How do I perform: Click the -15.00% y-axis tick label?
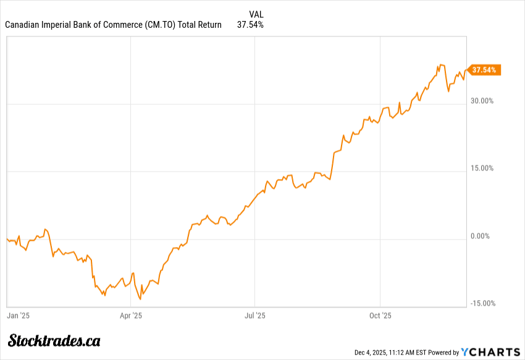point(482,303)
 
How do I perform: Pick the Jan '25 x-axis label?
point(19,316)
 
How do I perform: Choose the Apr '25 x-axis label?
point(131,316)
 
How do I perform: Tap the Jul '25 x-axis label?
point(255,316)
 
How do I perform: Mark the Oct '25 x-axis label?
point(380,316)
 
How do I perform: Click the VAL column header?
point(256,14)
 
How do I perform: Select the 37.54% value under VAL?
point(250,25)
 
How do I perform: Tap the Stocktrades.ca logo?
point(54,340)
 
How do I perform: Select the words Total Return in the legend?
point(199,25)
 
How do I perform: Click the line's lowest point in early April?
point(141,299)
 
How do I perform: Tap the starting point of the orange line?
point(7,239)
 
